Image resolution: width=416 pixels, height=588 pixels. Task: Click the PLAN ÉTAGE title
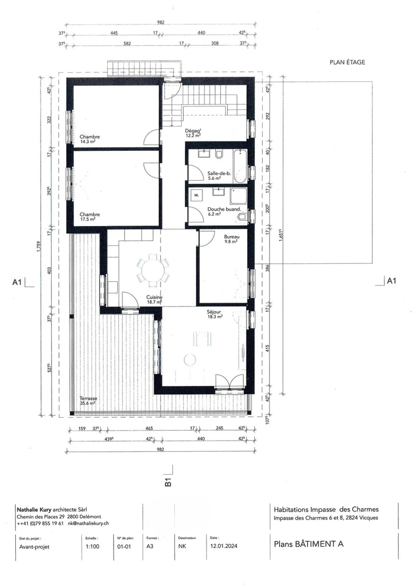[x=347, y=62]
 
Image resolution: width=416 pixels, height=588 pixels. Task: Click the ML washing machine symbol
[x=196, y=195]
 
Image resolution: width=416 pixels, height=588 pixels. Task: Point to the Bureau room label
[x=232, y=239]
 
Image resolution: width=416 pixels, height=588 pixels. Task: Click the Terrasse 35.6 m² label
[x=88, y=401]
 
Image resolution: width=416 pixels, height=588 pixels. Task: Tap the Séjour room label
[x=214, y=314]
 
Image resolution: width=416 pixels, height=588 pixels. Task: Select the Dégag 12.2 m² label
[x=193, y=133]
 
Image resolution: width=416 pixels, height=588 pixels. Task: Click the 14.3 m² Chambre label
[x=90, y=139]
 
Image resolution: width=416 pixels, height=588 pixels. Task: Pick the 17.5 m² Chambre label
[x=90, y=217]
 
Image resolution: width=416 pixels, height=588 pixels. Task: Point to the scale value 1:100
[x=92, y=546]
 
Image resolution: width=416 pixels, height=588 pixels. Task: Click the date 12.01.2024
[x=224, y=546]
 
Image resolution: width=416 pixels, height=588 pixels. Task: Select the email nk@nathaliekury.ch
[x=88, y=523]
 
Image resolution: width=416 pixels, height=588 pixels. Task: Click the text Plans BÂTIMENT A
[x=309, y=544]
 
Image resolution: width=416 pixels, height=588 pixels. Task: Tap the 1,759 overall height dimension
[x=39, y=247]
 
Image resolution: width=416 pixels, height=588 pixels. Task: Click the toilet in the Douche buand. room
[x=242, y=217]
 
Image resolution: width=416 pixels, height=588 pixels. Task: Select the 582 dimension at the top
[x=127, y=44]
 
